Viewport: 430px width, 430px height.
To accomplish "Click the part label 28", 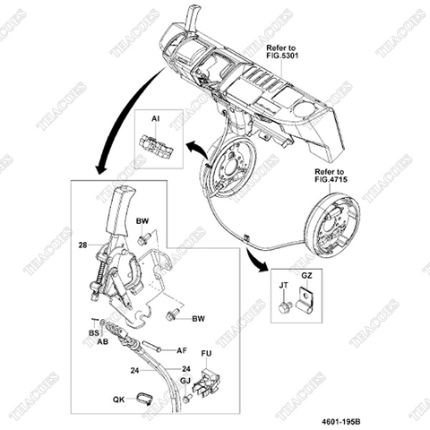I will point(82,244).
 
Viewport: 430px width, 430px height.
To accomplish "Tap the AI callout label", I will point(155,117).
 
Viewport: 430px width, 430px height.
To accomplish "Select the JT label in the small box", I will point(283,285).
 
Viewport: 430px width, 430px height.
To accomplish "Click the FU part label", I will point(205,353).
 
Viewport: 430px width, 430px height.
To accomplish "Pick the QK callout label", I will point(118,400).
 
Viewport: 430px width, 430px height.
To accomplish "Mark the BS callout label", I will point(93,331).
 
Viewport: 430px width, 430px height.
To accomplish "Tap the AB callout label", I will point(102,341).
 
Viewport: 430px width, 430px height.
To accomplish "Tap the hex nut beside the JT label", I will point(284,306).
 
